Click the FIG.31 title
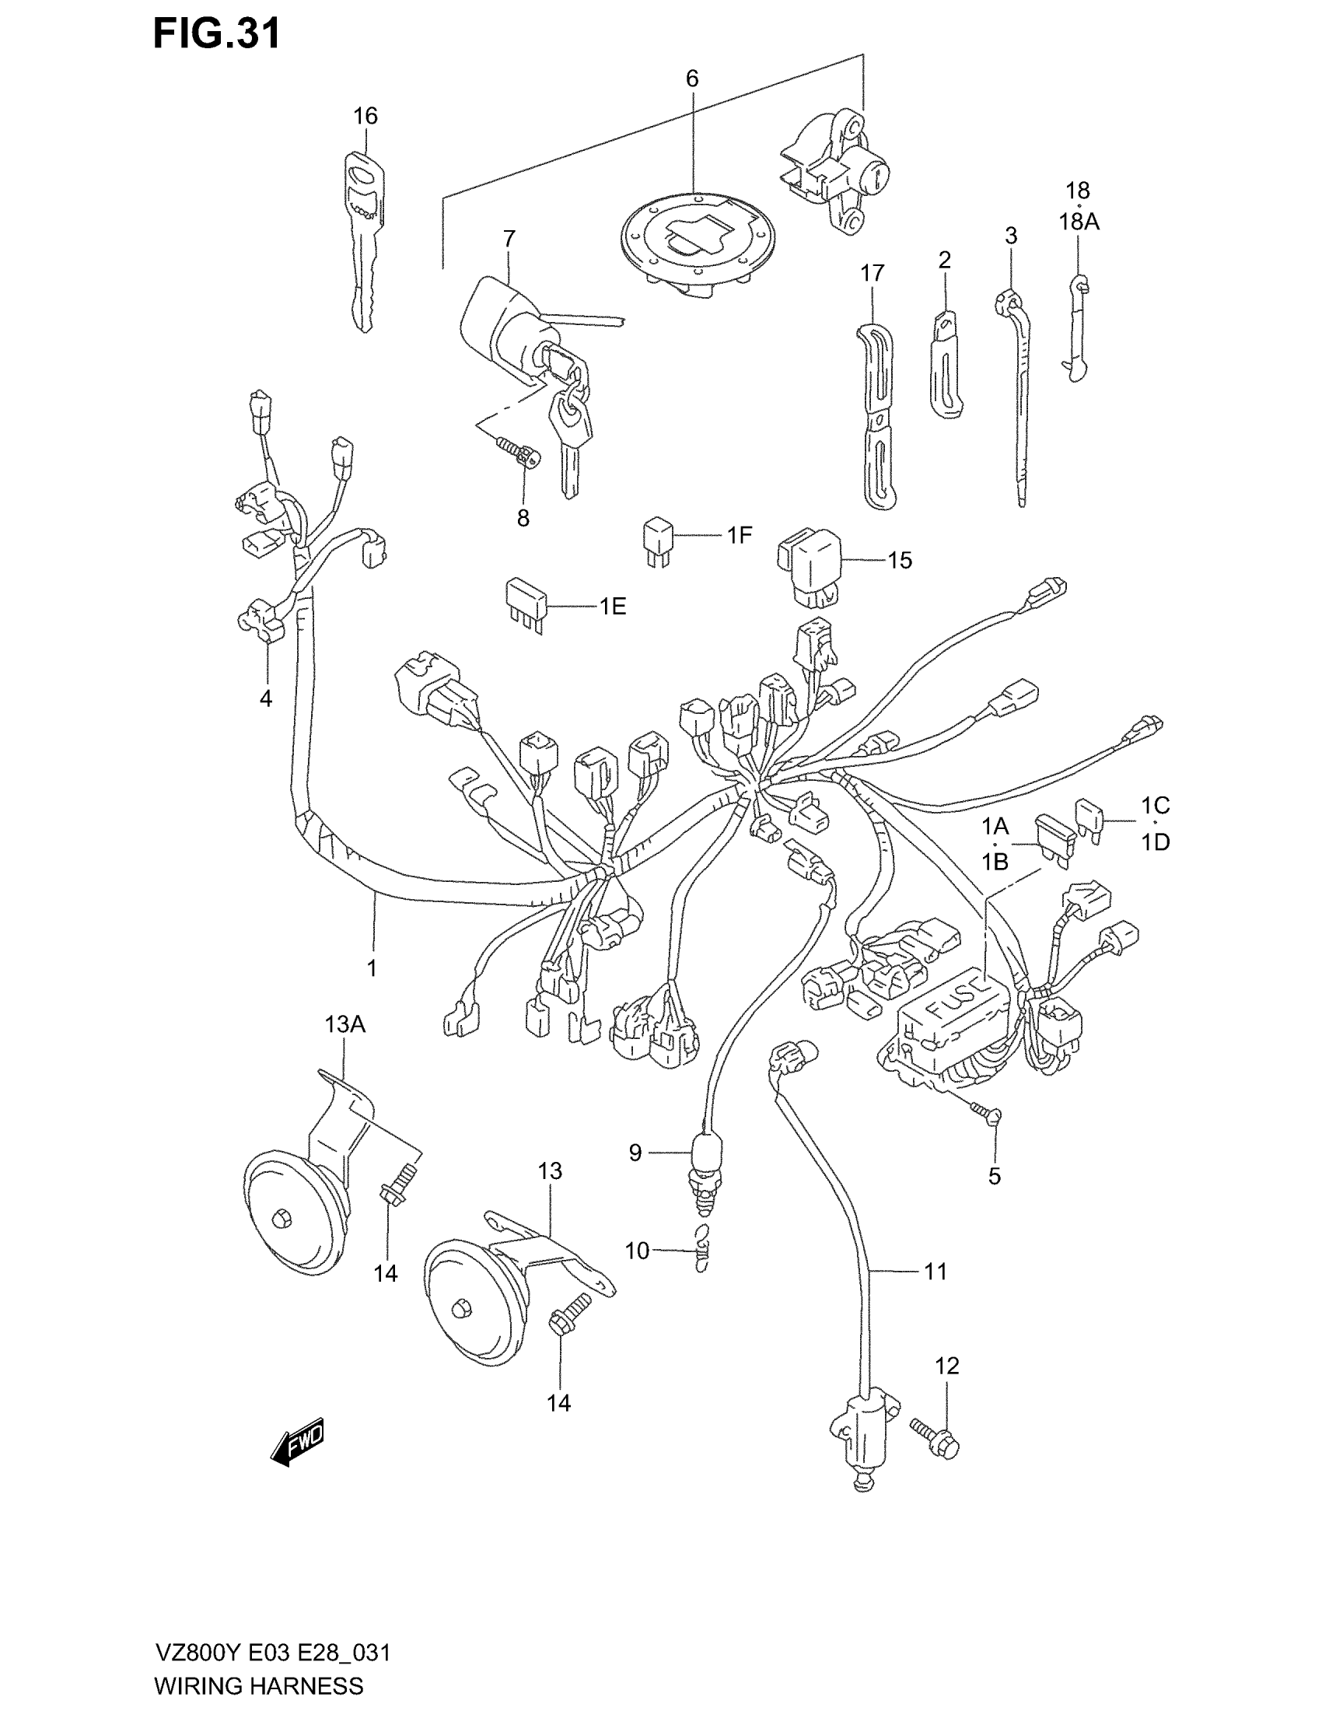pyautogui.click(x=216, y=35)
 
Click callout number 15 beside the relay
pyautogui.click(x=900, y=560)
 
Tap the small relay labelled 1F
pyautogui.click(x=659, y=538)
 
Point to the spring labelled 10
pyautogui.click(x=703, y=1252)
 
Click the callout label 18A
pyautogui.click(x=1079, y=222)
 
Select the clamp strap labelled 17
pyautogui.click(x=879, y=415)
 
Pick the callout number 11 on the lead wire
pyautogui.click(x=936, y=1271)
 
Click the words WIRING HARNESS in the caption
pyautogui.click(x=258, y=1685)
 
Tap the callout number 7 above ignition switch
pyautogui.click(x=509, y=238)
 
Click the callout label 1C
pyautogui.click(x=1155, y=806)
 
